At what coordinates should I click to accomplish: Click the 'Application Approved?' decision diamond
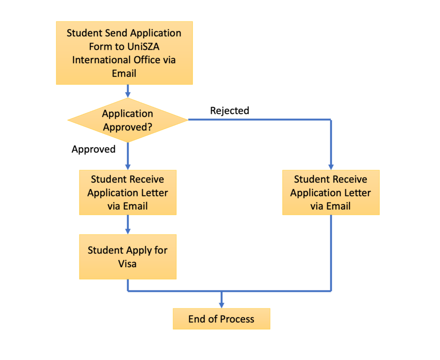coord(128,120)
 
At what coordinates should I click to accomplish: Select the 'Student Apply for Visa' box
coord(128,257)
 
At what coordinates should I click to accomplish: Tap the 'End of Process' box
coord(221,319)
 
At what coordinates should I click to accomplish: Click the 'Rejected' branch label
coord(229,110)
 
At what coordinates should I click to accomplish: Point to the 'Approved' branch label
coord(93,149)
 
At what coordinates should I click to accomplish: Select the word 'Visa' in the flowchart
coord(127,264)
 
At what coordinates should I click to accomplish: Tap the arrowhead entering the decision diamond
coord(128,95)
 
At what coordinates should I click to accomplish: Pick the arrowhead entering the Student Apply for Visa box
coord(128,231)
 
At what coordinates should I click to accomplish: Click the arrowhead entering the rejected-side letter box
coord(331,167)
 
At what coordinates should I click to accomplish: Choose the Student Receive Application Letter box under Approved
coord(128,192)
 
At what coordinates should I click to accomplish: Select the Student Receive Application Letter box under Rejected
coord(331,192)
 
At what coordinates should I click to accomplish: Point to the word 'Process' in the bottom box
coord(237,319)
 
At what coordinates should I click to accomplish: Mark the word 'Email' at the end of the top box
coord(124,73)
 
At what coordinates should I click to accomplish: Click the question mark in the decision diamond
coord(150,127)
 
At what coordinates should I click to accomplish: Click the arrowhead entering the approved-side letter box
coord(128,167)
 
